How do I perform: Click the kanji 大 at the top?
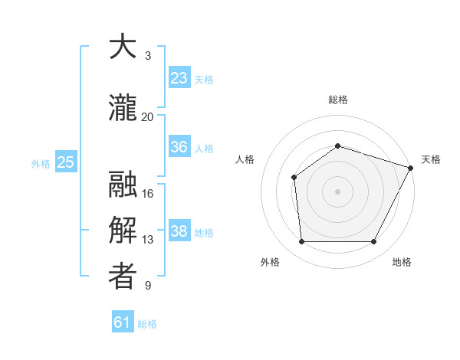pos(123,47)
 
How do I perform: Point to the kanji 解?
pos(123,230)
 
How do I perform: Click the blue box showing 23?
pos(179,78)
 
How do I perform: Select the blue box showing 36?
pos(179,147)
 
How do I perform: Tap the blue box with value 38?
pos(179,231)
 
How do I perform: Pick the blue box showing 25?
pos(65,162)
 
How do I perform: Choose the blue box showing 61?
pos(123,322)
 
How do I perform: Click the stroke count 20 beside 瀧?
pos(148,116)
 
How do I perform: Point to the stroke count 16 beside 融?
pos(148,193)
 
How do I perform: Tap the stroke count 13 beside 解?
pos(148,240)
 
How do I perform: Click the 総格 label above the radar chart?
pos(338,100)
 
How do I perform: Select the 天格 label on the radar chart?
pos(431,159)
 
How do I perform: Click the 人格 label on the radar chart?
pos(245,159)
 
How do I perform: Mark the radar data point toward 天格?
pos(412,167)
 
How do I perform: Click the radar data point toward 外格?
pos(301,242)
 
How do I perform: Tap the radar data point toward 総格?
pos(338,146)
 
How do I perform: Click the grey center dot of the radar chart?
pos(338,191)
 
